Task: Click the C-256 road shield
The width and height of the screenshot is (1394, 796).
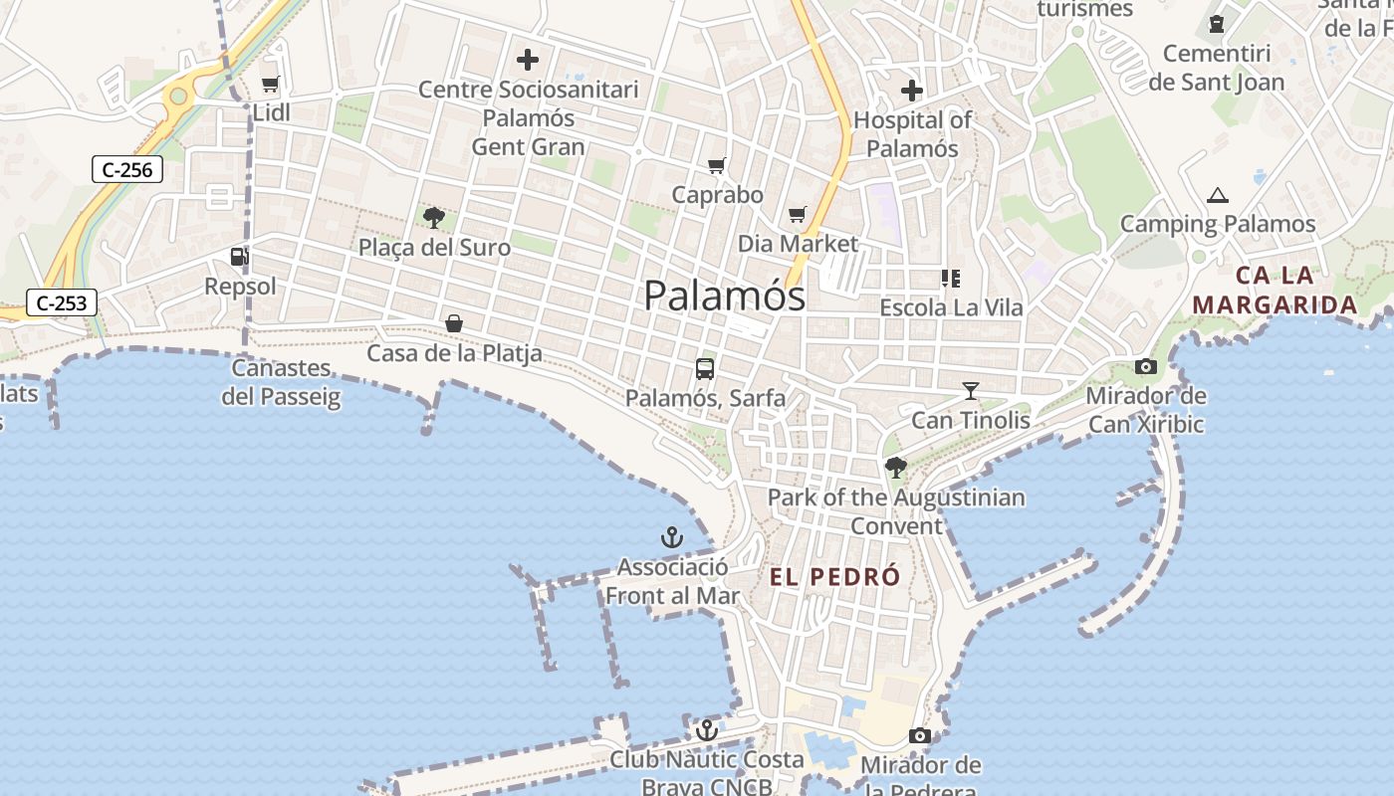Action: [x=127, y=169]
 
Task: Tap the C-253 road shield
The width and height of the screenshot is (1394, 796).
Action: [x=62, y=302]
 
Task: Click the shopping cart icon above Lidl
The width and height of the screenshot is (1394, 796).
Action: [x=270, y=85]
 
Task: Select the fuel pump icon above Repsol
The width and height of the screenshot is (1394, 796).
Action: [x=239, y=257]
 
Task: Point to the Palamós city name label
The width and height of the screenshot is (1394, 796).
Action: [x=724, y=296]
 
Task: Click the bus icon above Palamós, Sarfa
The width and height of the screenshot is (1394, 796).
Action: [x=705, y=369]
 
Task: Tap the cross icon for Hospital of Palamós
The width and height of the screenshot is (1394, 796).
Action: [x=912, y=92]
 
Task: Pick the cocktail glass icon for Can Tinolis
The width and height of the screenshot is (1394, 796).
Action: [x=971, y=391]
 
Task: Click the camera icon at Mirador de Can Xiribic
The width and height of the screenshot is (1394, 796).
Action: [x=1146, y=367]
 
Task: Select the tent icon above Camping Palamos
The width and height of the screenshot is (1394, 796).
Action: [x=1217, y=195]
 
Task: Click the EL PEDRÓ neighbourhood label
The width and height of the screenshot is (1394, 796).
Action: [x=834, y=577]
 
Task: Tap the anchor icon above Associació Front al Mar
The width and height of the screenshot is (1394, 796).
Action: [x=672, y=538]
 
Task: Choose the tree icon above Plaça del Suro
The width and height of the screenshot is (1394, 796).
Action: [x=433, y=217]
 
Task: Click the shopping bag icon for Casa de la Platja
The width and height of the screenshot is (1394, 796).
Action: [x=454, y=323]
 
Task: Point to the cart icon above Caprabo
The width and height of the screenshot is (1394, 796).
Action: [x=717, y=165]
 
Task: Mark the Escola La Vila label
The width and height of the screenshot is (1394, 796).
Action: [x=951, y=307]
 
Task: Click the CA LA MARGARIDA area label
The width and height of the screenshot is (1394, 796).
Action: [x=1275, y=290]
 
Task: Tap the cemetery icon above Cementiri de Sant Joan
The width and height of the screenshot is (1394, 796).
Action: [x=1216, y=24]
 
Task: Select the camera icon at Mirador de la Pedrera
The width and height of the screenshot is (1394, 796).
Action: [x=920, y=736]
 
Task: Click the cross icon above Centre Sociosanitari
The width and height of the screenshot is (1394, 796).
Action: [x=528, y=60]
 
